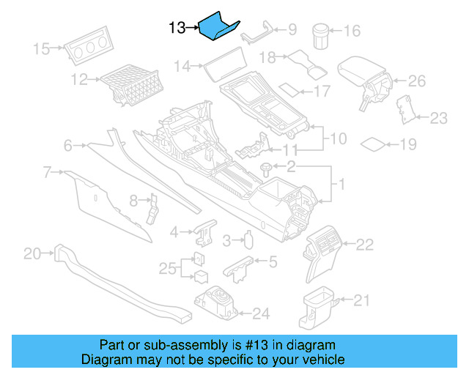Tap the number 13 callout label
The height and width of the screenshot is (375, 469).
(x=177, y=29)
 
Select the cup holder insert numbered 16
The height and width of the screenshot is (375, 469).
(x=320, y=34)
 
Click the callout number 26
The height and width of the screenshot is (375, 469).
(x=416, y=81)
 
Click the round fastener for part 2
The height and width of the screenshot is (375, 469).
(x=265, y=168)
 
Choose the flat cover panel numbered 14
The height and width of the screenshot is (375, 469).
(x=224, y=71)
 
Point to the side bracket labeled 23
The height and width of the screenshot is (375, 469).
(x=403, y=108)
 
